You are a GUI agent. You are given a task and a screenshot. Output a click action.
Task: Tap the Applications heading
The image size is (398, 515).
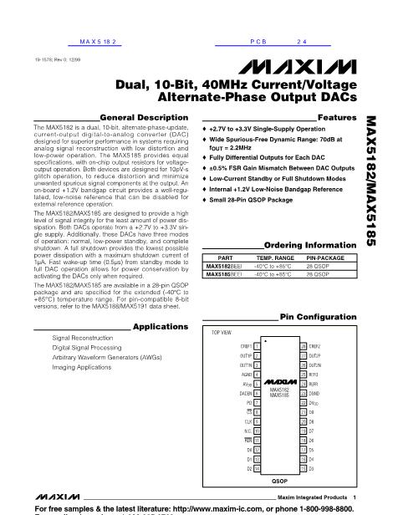[155, 326]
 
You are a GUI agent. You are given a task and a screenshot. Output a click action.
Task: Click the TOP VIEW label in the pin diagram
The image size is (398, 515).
[221, 332]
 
